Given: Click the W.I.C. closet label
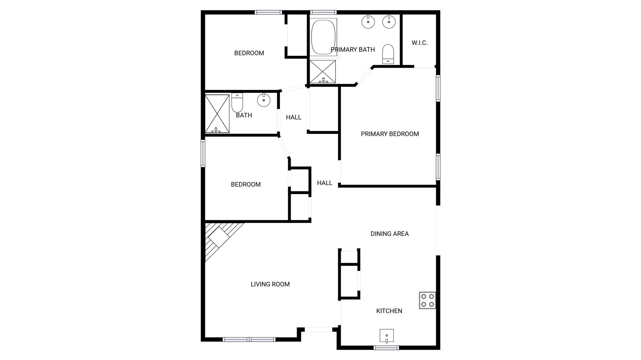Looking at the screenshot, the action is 419,43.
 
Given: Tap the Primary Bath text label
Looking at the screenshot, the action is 353,49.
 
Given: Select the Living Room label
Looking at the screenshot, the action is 270,284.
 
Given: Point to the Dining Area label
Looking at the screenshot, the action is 389,234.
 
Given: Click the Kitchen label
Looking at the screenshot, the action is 389,311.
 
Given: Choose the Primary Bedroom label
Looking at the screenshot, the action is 390,134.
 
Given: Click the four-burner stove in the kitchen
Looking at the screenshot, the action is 428,300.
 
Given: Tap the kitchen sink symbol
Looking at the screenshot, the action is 387,336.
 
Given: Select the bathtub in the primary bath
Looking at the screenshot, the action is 323,37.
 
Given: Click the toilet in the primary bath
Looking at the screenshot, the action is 388,54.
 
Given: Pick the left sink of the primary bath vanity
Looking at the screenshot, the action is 368,22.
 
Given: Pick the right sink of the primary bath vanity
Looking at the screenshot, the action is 389,22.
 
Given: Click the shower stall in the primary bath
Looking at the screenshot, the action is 323,72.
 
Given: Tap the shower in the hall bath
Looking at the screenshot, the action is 217,114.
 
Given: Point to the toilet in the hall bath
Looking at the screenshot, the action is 237,102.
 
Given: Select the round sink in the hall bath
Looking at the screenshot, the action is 264,100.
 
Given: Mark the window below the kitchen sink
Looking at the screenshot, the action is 386,347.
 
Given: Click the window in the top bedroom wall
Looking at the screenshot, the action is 268,13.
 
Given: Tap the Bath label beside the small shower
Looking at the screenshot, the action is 244,115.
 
